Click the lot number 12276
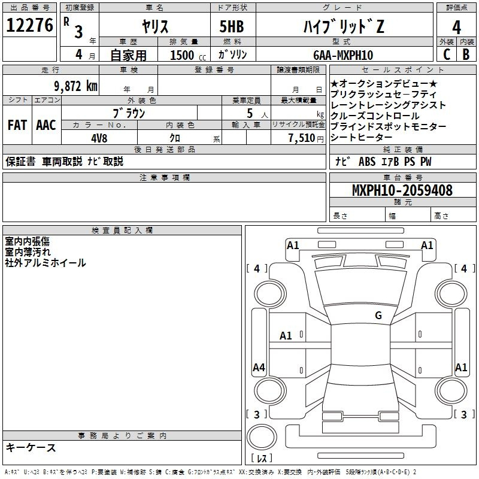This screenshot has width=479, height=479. [x=29, y=25]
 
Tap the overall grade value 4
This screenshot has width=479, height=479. [x=456, y=28]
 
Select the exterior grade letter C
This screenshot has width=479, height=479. [x=447, y=54]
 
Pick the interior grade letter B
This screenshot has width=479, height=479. [x=466, y=54]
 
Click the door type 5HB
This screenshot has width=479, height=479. [x=232, y=26]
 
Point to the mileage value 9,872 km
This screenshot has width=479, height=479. [x=75, y=86]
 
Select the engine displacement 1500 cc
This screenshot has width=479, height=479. [x=188, y=55]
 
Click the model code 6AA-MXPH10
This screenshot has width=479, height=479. [x=343, y=55]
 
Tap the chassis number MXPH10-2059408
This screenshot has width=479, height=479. [x=402, y=190]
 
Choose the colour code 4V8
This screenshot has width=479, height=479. [x=99, y=138]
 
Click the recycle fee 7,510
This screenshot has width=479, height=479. [x=302, y=138]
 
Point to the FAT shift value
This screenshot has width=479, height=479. [x=17, y=125]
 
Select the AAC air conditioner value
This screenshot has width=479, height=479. [x=46, y=125]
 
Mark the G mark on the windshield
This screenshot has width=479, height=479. [x=378, y=316]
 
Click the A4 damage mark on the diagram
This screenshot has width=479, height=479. [x=259, y=367]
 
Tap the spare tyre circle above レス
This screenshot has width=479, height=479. [x=262, y=437]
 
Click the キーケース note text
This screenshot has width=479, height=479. [x=31, y=448]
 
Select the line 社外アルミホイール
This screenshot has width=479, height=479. [x=46, y=263]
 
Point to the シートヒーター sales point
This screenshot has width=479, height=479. [x=361, y=138]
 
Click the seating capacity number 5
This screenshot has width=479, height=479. [x=250, y=113]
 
